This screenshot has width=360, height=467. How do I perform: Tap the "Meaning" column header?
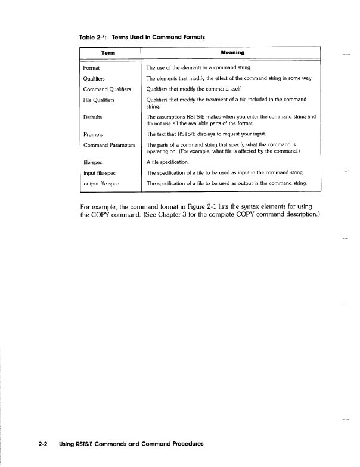[229, 52]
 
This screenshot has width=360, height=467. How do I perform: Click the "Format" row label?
[92, 68]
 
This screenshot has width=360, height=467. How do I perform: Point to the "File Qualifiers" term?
[101, 99]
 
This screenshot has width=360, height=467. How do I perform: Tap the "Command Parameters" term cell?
[110, 145]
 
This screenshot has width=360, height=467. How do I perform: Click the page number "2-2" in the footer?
[42, 444]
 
